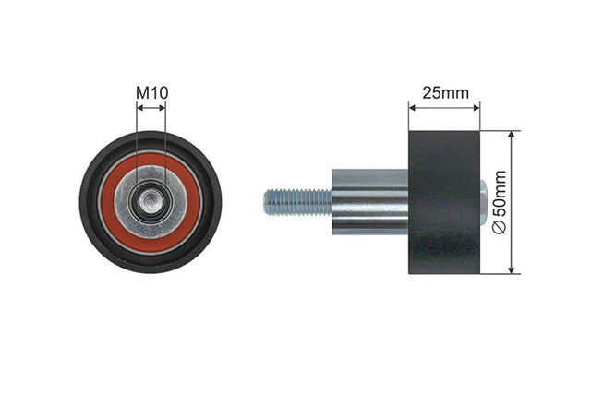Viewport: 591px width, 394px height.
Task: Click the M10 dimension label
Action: click(x=151, y=92)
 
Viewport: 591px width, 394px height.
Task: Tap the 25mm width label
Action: click(x=445, y=92)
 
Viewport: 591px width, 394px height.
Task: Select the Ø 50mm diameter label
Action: click(x=500, y=202)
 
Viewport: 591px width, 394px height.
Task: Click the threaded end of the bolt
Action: click(x=297, y=202)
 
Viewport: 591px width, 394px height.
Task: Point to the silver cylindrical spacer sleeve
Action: click(x=370, y=202)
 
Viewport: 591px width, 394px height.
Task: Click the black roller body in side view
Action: click(x=444, y=202)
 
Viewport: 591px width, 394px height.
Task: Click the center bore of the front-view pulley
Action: click(x=151, y=201)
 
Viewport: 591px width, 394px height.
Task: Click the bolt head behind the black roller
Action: click(x=484, y=202)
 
